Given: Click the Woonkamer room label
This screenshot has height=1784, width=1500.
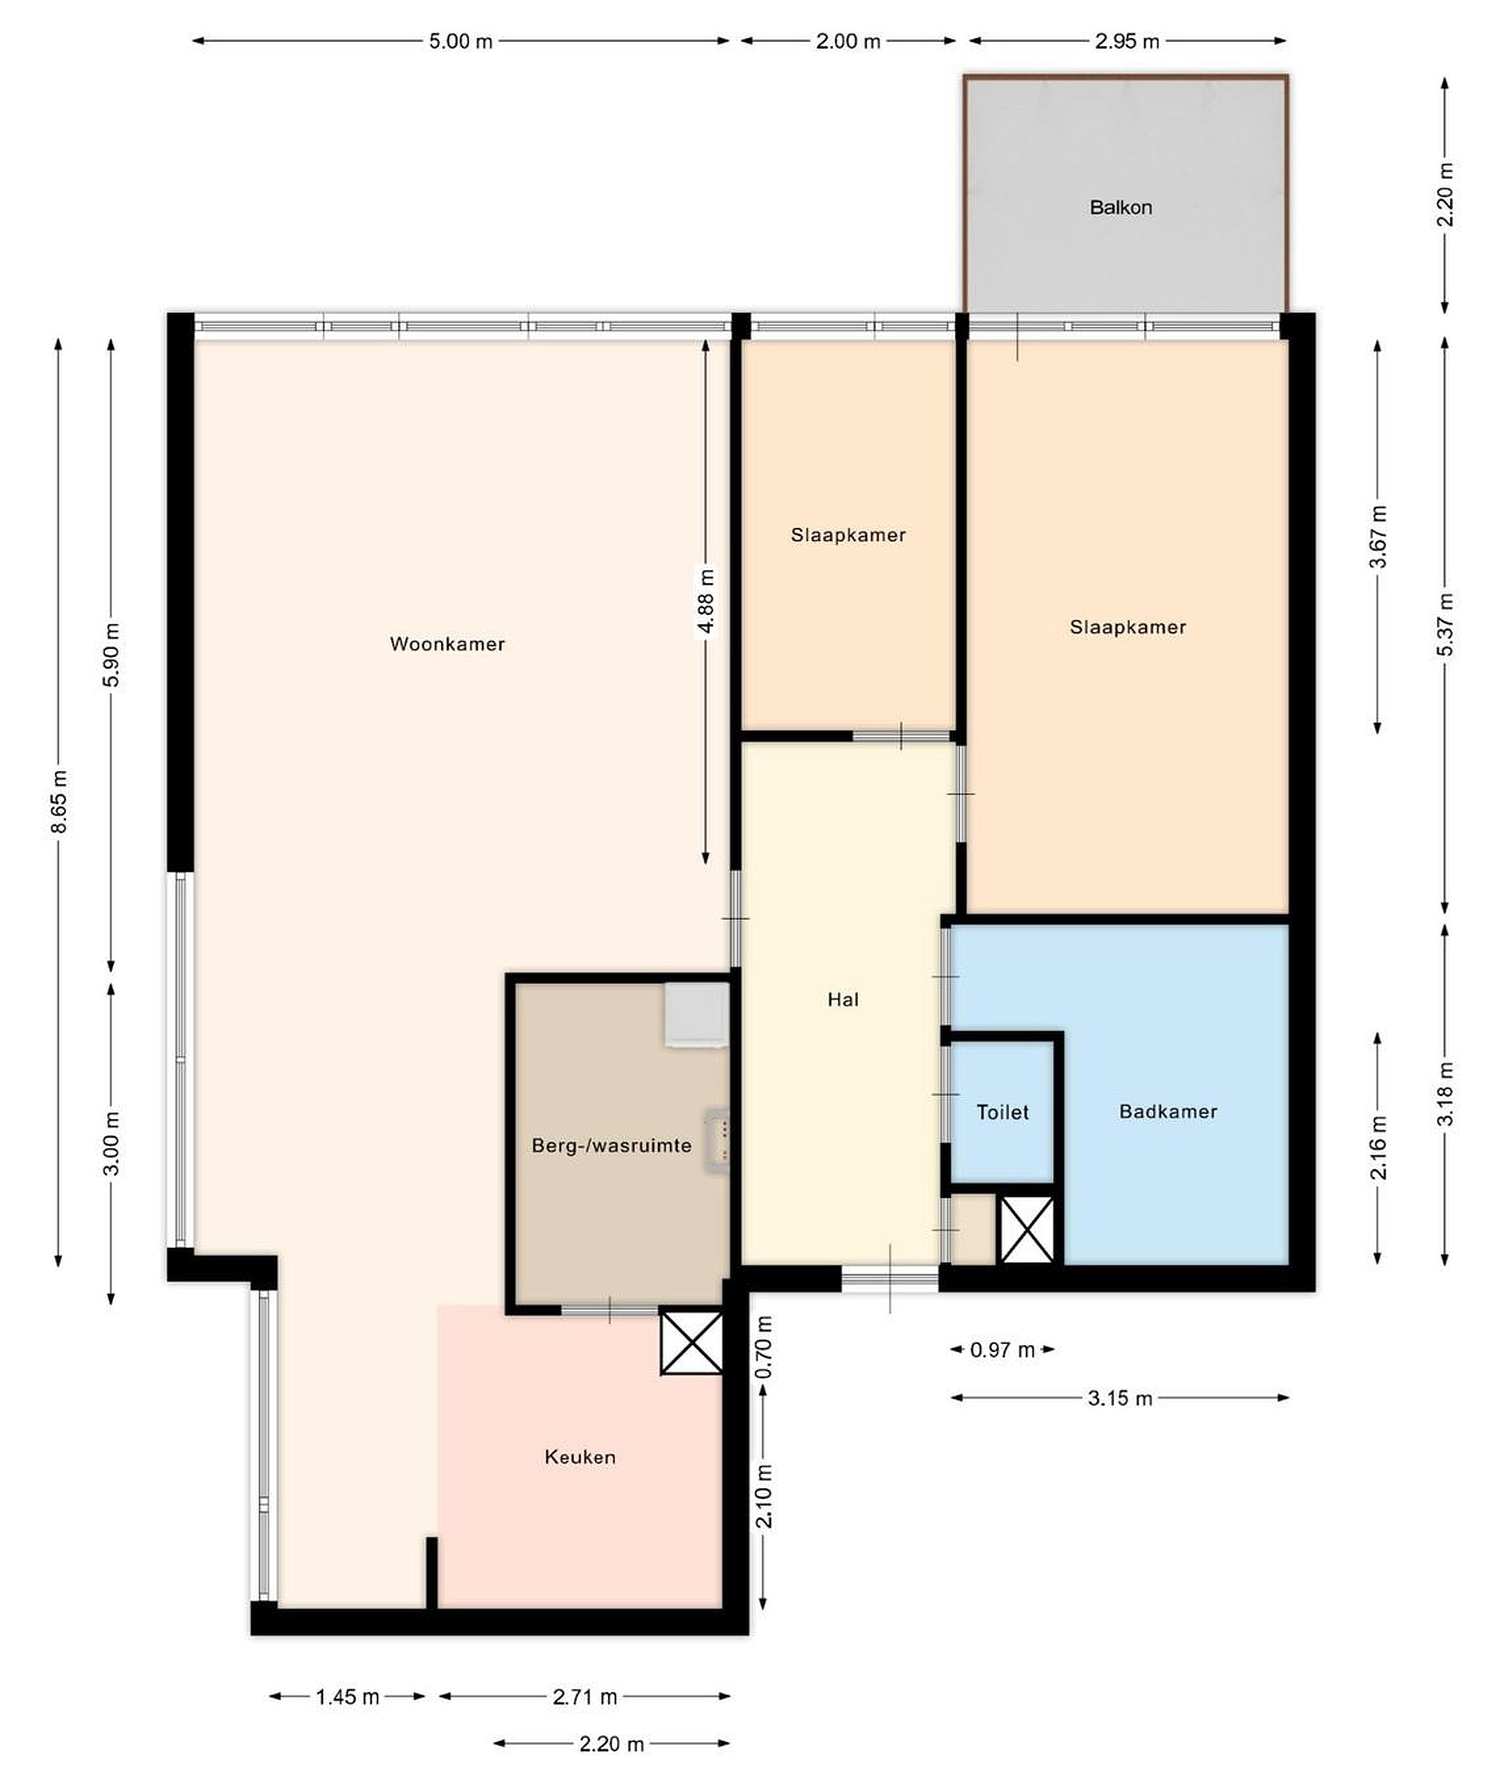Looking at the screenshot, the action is click(x=447, y=644).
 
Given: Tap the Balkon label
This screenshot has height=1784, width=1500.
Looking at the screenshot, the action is click(x=1121, y=208).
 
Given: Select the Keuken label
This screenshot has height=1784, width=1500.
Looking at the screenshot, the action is click(x=580, y=1457).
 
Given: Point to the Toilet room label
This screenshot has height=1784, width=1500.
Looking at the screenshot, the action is click(x=1002, y=1112).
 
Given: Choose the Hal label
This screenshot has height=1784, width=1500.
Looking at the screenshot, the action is click(x=843, y=1000).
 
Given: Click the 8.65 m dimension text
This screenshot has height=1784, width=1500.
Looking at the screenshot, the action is click(x=59, y=802).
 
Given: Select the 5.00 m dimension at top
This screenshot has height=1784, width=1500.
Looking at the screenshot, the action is click(x=461, y=42).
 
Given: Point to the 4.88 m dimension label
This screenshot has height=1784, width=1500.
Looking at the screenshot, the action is click(x=706, y=601).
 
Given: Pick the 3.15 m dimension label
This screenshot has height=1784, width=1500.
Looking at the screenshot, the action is click(x=1120, y=1398).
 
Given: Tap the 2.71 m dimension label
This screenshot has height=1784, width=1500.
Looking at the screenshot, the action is click(x=585, y=1697).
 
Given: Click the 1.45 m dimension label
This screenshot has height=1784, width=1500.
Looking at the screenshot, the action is click(x=348, y=1697).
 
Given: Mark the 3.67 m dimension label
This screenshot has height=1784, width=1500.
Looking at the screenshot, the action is click(x=1379, y=536).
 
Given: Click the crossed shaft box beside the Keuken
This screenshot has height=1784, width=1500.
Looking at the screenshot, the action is click(x=691, y=1343).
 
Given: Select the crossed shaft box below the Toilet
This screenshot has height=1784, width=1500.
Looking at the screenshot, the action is click(x=1027, y=1229).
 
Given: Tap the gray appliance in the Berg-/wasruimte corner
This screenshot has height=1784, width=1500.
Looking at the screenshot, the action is click(x=697, y=1014).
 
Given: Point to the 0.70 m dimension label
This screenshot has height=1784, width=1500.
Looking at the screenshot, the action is click(x=765, y=1347).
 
